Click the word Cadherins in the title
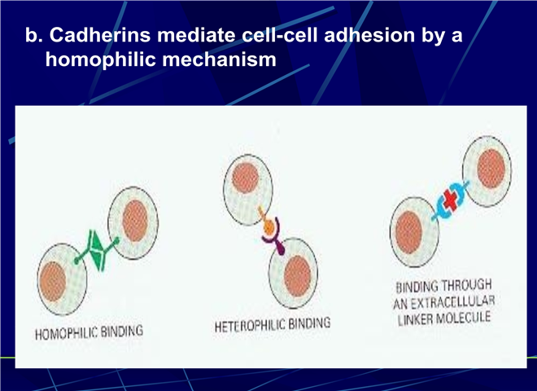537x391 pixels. [x=99, y=35]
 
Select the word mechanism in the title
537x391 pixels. [x=219, y=59]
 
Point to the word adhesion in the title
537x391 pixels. [x=369, y=35]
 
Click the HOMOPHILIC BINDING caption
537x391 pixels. [x=89, y=332]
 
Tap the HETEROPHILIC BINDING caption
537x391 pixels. [x=273, y=324]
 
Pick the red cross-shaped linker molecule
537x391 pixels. [x=452, y=200]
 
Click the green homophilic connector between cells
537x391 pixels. [x=97, y=251]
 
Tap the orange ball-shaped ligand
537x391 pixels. [x=268, y=226]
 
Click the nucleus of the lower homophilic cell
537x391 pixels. [x=53, y=282]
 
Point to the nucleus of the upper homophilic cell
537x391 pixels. [x=135, y=221]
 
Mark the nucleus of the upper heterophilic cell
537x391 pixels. [x=245, y=178]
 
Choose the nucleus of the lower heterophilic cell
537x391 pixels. [x=298, y=276]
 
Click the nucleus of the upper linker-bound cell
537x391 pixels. [x=491, y=169]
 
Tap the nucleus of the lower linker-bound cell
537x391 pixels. [x=409, y=232]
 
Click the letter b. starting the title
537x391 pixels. [x=34, y=35]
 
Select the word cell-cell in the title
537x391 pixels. [x=280, y=35]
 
